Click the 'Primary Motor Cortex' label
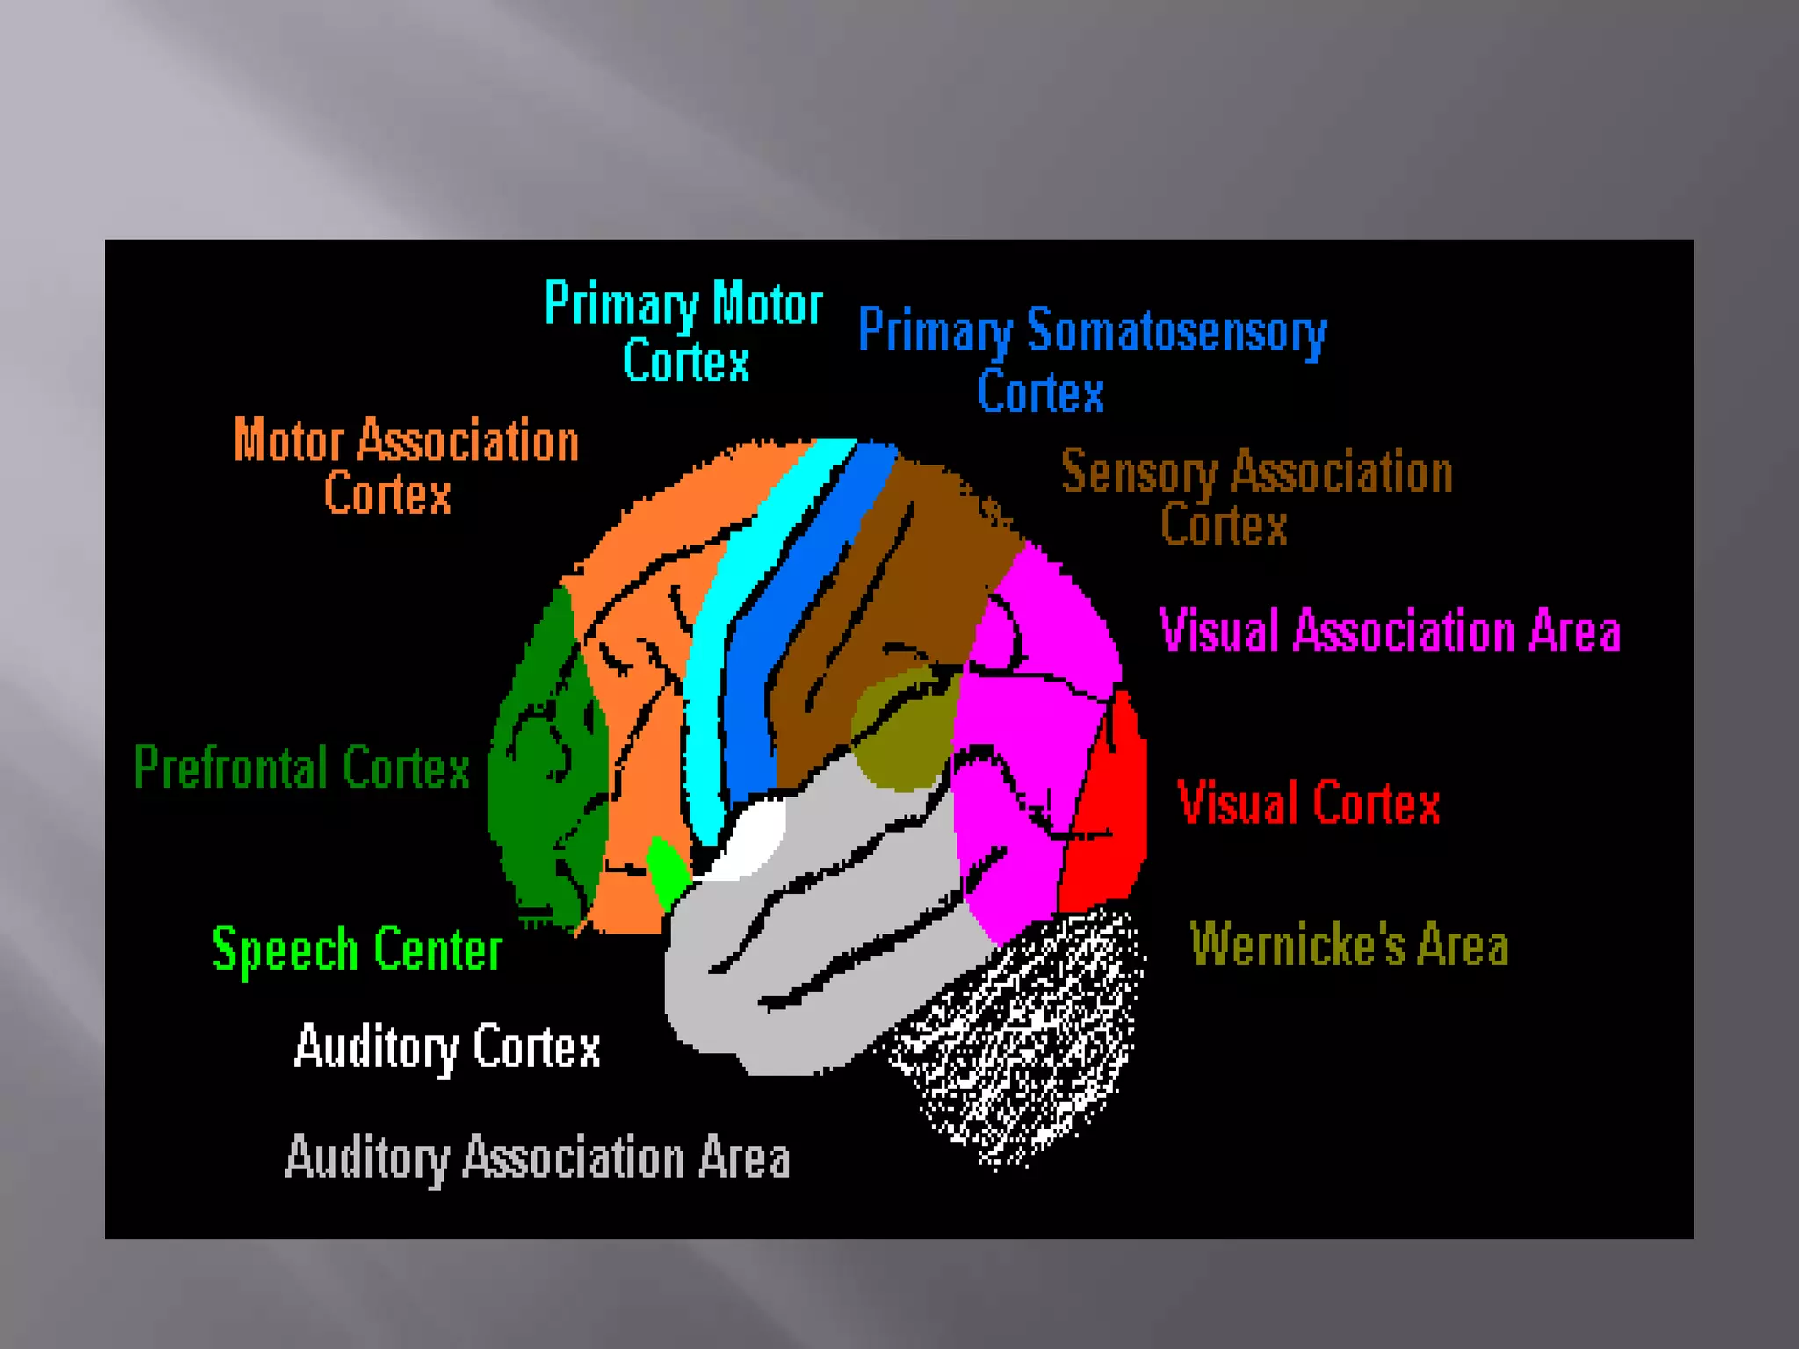tap(683, 332)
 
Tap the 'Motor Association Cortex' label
tap(406, 465)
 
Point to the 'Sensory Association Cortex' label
tap(1256, 497)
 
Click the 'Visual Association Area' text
tap(1390, 631)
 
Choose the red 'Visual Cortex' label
tap(1309, 803)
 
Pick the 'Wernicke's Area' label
tap(1349, 945)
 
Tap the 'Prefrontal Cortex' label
tap(302, 768)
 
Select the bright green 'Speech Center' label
tap(358, 950)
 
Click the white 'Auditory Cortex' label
tap(447, 1047)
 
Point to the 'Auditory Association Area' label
tap(538, 1158)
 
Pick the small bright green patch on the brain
tap(668, 869)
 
